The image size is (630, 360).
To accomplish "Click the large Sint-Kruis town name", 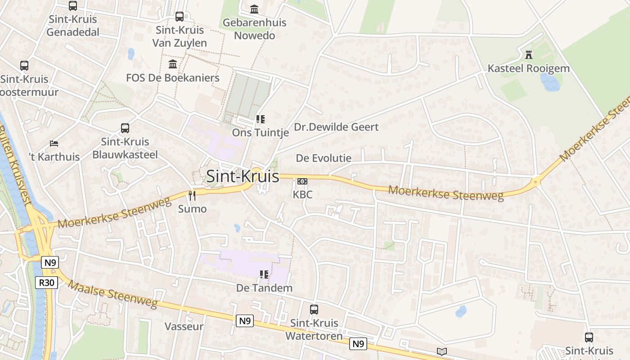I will click(x=243, y=176).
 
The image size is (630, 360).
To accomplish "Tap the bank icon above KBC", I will click(x=302, y=181).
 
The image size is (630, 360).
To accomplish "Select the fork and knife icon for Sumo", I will click(x=192, y=195).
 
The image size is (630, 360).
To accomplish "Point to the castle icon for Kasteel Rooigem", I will click(x=529, y=55).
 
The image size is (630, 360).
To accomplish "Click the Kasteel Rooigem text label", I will click(x=529, y=69).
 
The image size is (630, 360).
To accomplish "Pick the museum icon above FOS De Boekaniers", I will click(x=173, y=64).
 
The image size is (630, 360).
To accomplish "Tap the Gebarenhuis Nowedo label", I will click(x=255, y=29).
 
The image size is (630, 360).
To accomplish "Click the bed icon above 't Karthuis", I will click(x=54, y=144).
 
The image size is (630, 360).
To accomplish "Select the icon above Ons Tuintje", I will click(x=260, y=119).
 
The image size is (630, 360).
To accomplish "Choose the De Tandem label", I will click(x=265, y=288).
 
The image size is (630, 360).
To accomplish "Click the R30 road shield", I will click(x=46, y=283).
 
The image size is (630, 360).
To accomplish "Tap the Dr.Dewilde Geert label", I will click(x=336, y=127).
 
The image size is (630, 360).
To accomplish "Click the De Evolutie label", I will click(x=324, y=158).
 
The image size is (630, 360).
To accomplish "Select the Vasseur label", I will click(x=184, y=326).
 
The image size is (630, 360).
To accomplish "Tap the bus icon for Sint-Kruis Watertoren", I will click(x=314, y=310).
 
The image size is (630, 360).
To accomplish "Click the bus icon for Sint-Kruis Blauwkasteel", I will click(x=125, y=128).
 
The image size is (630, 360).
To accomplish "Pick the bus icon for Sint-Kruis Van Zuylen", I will click(x=180, y=17).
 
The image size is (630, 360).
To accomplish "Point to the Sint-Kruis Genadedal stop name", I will click(x=73, y=26).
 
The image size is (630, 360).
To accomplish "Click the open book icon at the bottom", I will click(x=442, y=351).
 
